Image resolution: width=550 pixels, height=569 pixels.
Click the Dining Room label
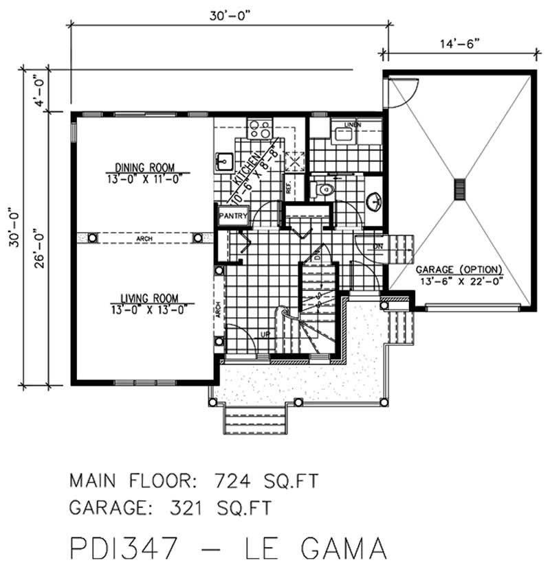coord(144,166)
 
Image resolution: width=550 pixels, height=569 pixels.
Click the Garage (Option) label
coord(459,269)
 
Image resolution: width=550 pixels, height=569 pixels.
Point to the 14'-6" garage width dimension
coord(459,43)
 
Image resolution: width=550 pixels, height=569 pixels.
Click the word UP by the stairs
coord(264,334)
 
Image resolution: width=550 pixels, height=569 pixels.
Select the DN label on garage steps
coord(377,246)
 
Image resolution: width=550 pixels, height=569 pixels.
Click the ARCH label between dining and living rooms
coord(144,238)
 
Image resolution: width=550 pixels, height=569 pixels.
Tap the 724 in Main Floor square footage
coord(241,479)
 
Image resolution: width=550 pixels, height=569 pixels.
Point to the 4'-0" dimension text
coord(41,91)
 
